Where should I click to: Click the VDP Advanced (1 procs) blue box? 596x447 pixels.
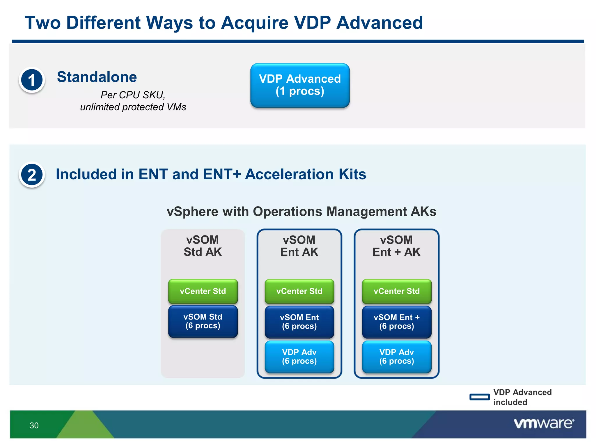(x=300, y=85)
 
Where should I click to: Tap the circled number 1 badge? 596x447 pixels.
(x=32, y=80)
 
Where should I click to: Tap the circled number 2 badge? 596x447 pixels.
(x=32, y=175)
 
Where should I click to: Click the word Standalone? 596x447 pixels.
(x=97, y=77)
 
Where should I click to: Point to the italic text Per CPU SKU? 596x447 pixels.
(x=133, y=95)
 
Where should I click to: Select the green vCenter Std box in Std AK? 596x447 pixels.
(x=203, y=291)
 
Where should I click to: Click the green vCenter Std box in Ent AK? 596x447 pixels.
(x=299, y=291)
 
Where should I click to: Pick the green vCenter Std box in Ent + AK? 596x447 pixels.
(x=396, y=291)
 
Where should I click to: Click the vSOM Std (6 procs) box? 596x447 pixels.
(x=203, y=321)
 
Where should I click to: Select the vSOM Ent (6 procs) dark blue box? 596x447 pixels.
(x=299, y=322)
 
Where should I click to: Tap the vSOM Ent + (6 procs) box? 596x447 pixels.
(x=396, y=322)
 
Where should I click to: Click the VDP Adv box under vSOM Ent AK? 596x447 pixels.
(x=299, y=357)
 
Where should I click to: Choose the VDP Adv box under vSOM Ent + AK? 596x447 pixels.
(x=396, y=357)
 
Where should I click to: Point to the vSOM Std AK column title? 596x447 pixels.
(x=203, y=246)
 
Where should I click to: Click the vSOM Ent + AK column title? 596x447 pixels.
(x=396, y=246)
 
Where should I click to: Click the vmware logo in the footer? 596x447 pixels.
(x=544, y=423)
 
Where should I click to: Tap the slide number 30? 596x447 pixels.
(x=34, y=425)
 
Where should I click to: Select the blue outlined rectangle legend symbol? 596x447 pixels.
(x=479, y=397)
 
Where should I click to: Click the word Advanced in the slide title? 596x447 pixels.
(x=379, y=23)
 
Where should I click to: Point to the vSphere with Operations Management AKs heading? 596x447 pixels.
(x=301, y=212)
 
